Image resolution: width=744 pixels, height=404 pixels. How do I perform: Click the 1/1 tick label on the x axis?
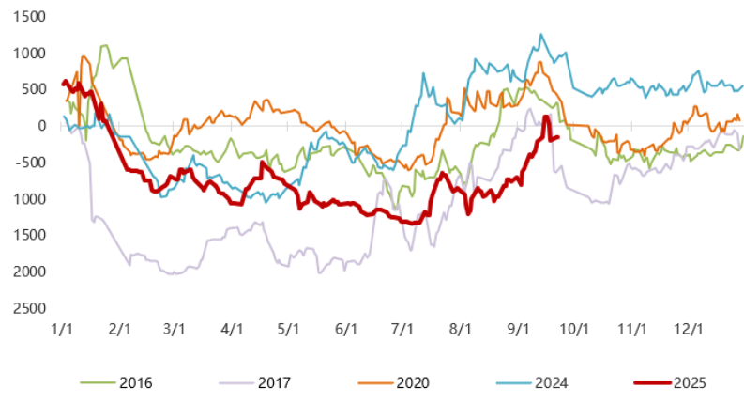[x=63, y=330]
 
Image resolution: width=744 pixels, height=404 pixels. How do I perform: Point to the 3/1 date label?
[x=175, y=330]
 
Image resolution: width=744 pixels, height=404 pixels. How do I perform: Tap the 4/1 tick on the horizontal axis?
[x=232, y=330]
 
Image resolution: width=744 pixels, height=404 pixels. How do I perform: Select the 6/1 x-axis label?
[x=346, y=330]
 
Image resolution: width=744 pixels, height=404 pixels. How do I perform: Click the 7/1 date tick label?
[x=402, y=330]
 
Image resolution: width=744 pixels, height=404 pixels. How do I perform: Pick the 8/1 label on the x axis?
[x=460, y=330]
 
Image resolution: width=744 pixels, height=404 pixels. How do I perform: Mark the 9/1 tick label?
[x=518, y=330]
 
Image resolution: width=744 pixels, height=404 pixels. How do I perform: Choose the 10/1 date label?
[x=574, y=330]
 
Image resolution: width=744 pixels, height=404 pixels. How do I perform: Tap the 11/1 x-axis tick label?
[x=631, y=330]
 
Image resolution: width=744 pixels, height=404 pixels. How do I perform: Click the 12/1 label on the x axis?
[x=689, y=330]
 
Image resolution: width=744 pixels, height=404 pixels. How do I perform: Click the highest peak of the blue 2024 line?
[x=541, y=35]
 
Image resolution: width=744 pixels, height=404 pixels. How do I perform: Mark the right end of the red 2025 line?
[x=559, y=137]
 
